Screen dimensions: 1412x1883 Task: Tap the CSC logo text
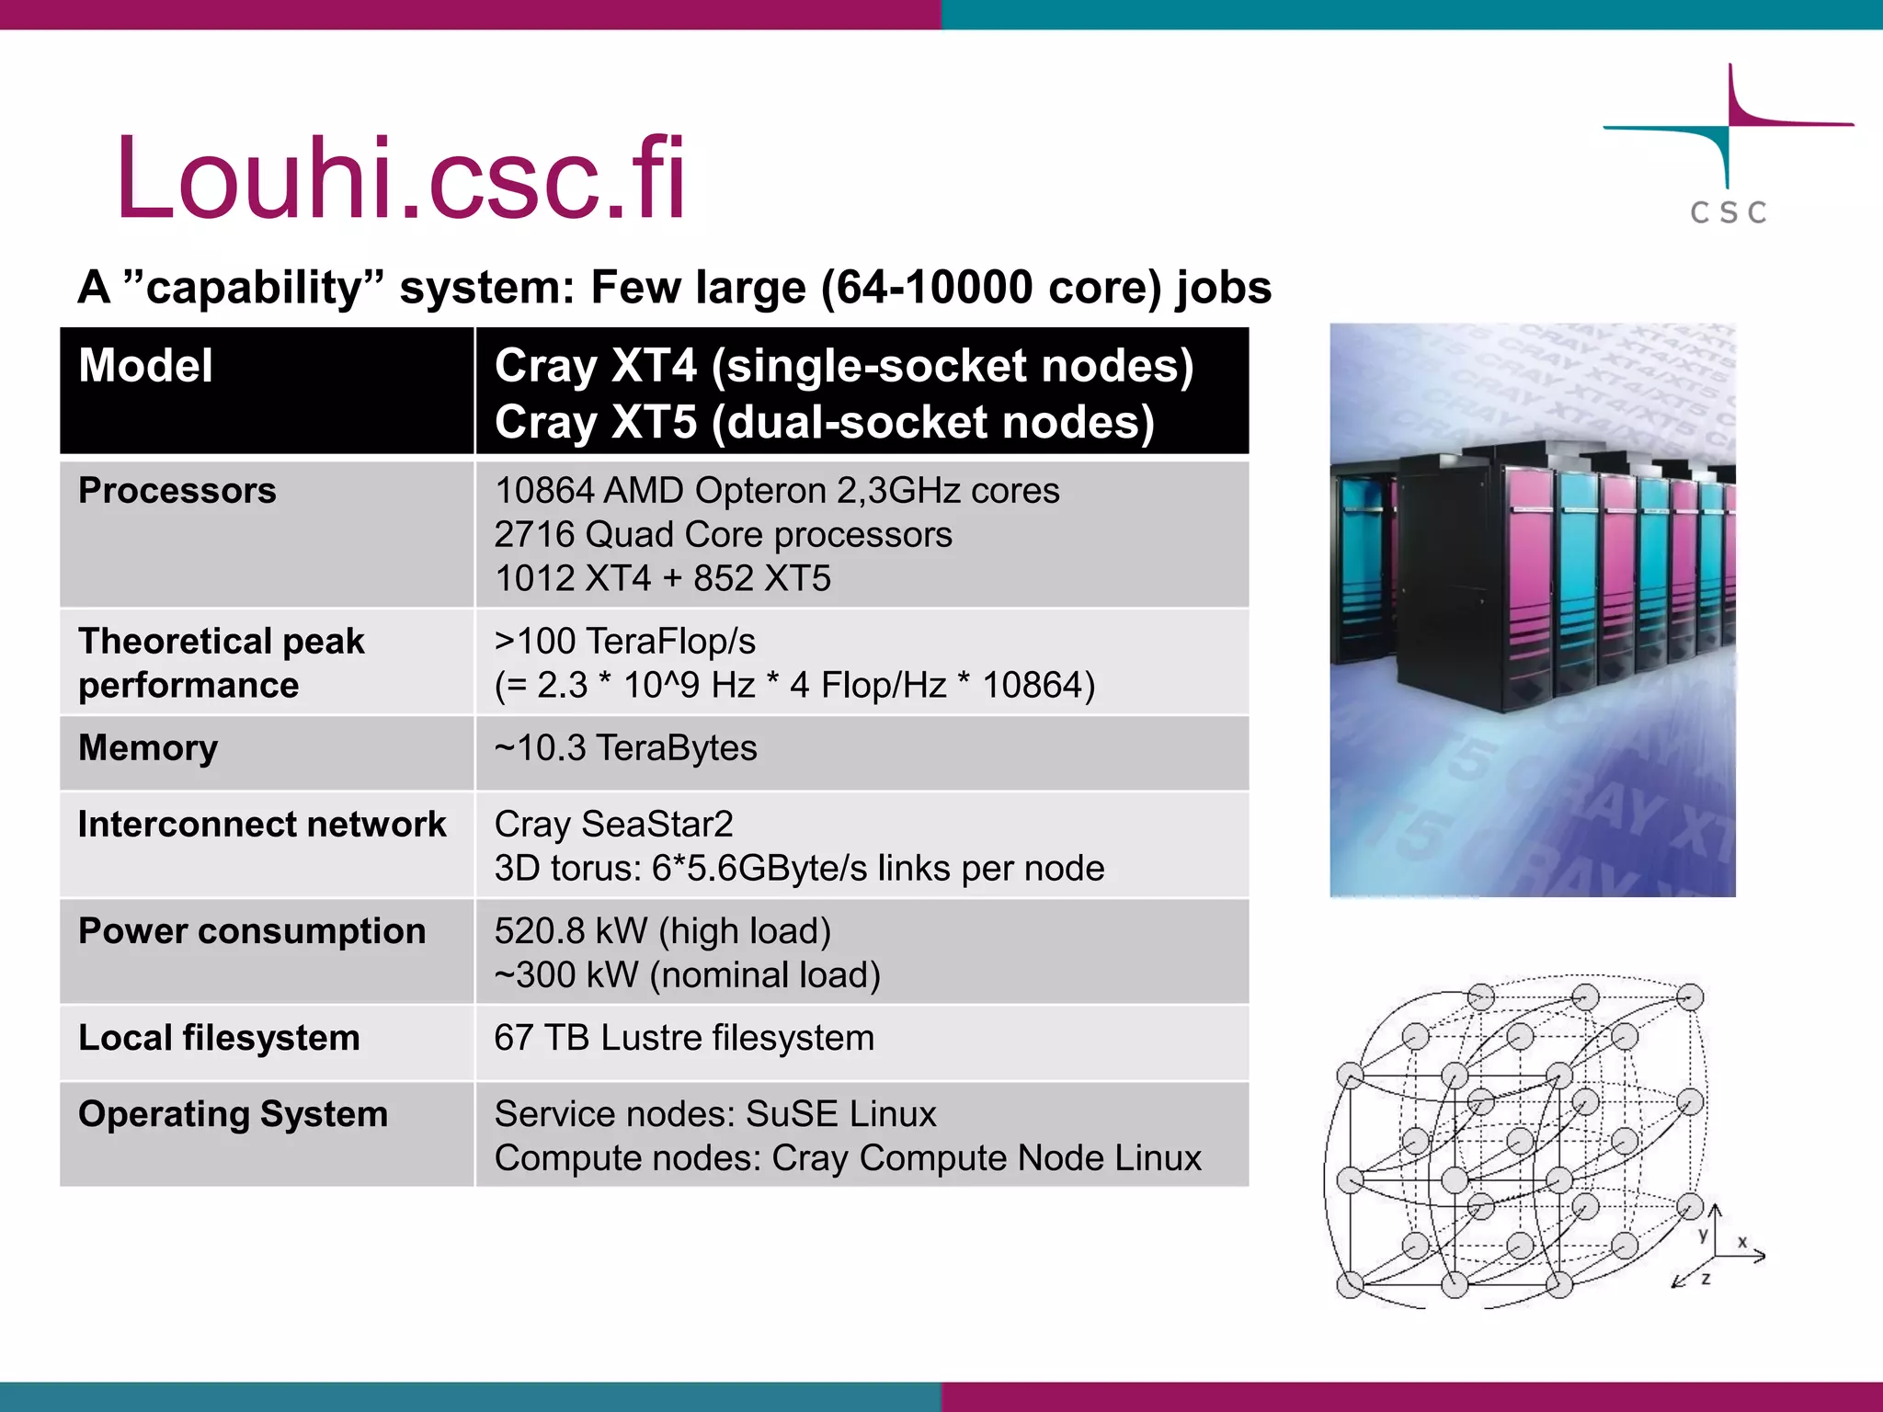1728,213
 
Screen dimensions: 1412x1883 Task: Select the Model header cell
145,366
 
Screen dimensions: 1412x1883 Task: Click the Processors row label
177,491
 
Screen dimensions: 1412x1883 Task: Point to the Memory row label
148,748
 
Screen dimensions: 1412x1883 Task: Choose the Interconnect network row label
262,825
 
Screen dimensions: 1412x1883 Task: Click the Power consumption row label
252,931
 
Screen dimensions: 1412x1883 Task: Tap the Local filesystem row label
219,1038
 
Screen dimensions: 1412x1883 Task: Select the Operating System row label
233,1114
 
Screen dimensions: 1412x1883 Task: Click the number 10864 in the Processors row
544,491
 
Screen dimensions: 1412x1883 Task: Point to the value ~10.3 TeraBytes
625,748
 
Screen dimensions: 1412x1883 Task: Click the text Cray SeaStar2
613,825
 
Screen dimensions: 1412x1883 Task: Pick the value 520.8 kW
570,931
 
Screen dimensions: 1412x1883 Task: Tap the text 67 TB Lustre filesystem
684,1038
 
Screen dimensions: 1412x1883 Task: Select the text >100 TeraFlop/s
624,642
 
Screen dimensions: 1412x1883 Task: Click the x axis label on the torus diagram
1741,1242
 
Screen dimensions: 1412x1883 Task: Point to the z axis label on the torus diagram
1706,1279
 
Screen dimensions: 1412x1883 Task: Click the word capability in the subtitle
253,288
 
